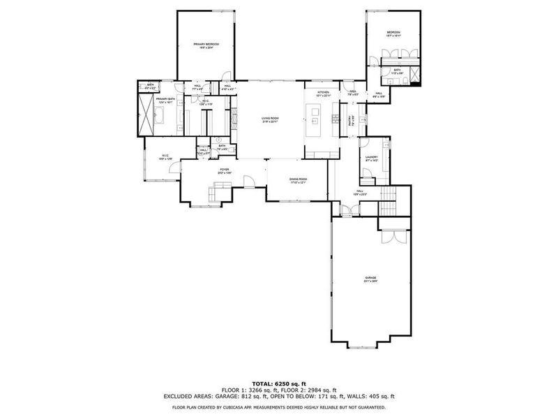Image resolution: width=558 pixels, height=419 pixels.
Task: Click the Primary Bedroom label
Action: coord(206,45)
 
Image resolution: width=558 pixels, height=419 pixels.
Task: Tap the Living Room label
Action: coord(270,119)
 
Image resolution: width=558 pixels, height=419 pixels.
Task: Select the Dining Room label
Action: coord(299,179)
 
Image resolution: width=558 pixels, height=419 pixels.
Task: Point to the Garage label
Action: coord(370,277)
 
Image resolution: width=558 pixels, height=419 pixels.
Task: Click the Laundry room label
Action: coord(371,157)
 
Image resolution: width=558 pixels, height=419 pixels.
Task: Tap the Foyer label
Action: coord(225,170)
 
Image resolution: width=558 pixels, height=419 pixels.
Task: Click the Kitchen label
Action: coord(323,93)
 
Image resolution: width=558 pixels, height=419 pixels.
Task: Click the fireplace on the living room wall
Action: coord(234,116)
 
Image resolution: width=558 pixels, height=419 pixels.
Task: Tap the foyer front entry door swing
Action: coord(248,183)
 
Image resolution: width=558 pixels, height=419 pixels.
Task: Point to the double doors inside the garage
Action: coord(393,236)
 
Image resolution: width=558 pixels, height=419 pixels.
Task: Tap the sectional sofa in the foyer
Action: coord(222,189)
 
